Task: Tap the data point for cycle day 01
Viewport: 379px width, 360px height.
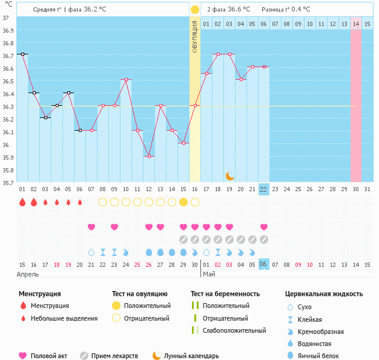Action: coord(22,54)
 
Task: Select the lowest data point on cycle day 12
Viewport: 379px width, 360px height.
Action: coord(149,156)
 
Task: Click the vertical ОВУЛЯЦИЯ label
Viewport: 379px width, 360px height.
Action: coord(194,36)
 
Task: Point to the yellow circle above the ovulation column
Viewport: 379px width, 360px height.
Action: coord(195,10)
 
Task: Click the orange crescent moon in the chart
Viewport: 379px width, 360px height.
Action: coord(229,175)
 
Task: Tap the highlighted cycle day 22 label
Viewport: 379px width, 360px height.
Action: coord(264,189)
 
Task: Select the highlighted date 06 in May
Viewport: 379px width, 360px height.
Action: coord(264,264)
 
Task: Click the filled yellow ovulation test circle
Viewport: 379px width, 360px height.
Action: coord(183,201)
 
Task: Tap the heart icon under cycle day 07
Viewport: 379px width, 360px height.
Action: coord(91,227)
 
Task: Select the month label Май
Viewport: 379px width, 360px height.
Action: coord(209,275)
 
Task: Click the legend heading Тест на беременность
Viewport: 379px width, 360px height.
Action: coord(225,294)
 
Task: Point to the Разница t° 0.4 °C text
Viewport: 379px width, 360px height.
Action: coord(286,10)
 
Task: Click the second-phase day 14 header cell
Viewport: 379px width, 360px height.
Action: coord(356,24)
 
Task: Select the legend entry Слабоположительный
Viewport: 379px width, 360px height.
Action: coord(234,330)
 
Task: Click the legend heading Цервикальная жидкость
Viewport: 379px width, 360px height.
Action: coord(324,294)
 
